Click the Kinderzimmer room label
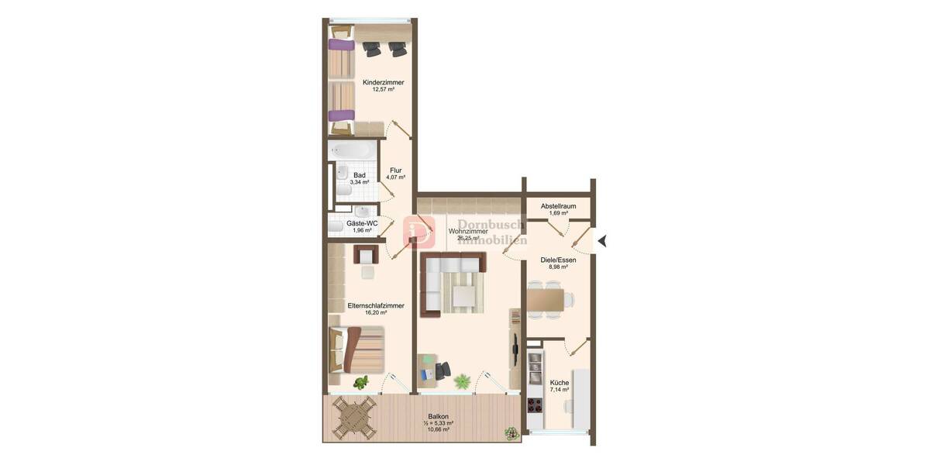(383, 82)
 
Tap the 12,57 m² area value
(383, 90)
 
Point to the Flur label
(396, 170)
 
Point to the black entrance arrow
(601, 241)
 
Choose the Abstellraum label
(558, 205)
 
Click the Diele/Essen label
(558, 260)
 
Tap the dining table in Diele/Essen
(550, 298)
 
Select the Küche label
(560, 383)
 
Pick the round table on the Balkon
(355, 419)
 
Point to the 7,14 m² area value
(560, 391)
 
